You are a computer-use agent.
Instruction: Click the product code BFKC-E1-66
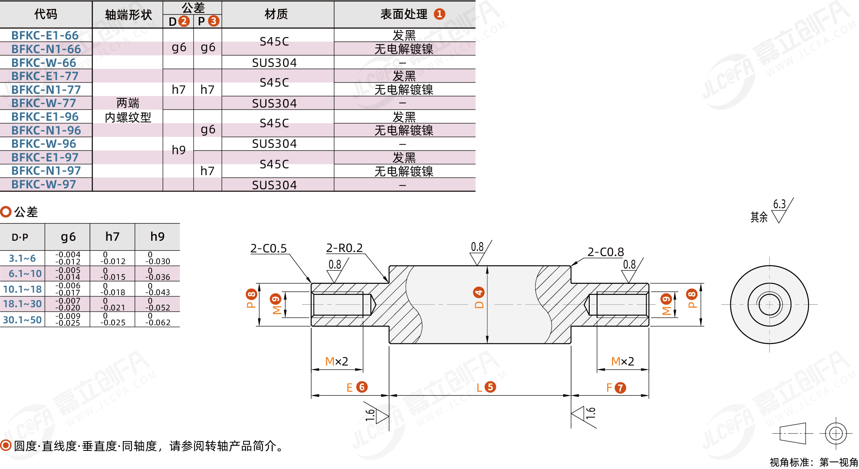click(45, 35)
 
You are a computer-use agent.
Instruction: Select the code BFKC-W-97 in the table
click(44, 184)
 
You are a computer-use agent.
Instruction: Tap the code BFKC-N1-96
click(46, 130)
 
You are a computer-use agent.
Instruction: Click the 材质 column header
click(276, 14)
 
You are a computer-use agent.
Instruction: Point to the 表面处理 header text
click(404, 14)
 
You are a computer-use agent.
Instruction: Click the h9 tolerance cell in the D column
click(179, 150)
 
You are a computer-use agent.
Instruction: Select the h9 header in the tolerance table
click(157, 237)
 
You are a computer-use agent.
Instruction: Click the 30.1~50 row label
click(22, 320)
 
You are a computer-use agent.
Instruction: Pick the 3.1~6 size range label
click(22, 258)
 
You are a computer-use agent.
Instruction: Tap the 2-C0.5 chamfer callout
click(268, 248)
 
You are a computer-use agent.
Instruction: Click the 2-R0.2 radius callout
click(344, 248)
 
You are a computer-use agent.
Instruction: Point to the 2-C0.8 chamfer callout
click(605, 252)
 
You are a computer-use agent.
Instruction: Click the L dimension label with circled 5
click(486, 387)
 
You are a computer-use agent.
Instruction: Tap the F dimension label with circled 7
click(616, 388)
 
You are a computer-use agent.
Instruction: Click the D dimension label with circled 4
click(479, 298)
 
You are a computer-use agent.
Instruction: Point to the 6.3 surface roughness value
click(779, 204)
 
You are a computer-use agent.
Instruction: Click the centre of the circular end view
click(769, 305)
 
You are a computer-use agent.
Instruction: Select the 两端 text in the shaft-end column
click(128, 103)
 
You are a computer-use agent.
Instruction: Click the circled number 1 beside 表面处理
click(439, 14)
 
